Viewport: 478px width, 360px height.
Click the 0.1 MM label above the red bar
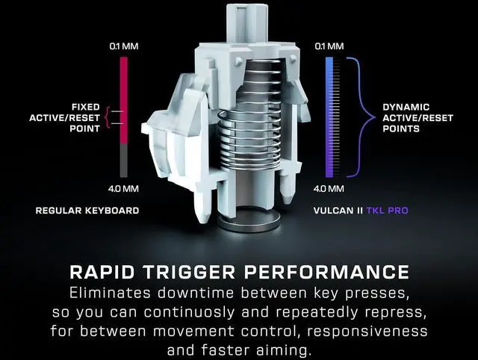pyautogui.click(x=124, y=47)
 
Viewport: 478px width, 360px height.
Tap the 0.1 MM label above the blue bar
pyautogui.click(x=329, y=47)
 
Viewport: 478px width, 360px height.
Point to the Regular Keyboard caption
pyautogui.click(x=87, y=211)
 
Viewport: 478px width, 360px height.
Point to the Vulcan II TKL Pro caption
pyautogui.click(x=361, y=211)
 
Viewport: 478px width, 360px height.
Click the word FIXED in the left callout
pyautogui.click(x=86, y=107)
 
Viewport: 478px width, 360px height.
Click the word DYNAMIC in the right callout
pyautogui.click(x=406, y=107)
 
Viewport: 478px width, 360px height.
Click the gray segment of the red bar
pyautogui.click(x=124, y=161)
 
